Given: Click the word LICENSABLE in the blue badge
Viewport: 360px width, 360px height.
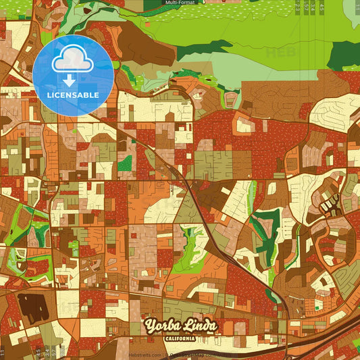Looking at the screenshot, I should coord(73,95).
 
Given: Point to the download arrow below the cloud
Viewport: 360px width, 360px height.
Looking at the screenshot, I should coord(69,80).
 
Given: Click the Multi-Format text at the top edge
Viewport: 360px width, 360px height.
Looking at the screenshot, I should coord(181,3).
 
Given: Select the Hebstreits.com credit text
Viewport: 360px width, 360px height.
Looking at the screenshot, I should coord(145,355).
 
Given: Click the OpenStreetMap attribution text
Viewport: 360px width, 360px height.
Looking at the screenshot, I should coord(196,355).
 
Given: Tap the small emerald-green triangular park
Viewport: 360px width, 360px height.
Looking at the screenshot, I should coord(125,163).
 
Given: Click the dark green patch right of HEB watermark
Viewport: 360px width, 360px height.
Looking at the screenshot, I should coord(344,55).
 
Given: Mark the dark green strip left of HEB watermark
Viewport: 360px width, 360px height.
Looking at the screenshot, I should coord(203,49).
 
